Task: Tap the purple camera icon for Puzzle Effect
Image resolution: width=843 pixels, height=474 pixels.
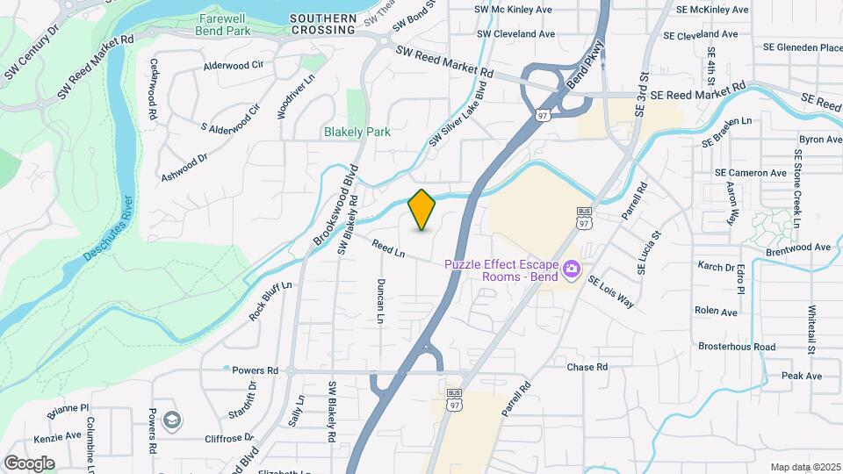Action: pos(571,267)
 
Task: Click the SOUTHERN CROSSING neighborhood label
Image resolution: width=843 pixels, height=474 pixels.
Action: pos(323,24)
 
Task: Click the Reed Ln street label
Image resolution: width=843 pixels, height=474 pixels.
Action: pos(387,248)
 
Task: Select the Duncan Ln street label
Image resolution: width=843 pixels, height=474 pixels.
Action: pos(381,301)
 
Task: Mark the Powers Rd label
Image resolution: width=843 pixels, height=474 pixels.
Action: pos(255,370)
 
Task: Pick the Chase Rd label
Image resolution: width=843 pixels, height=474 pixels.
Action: pos(587,367)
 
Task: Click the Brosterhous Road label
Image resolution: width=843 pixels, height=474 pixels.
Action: pos(737,347)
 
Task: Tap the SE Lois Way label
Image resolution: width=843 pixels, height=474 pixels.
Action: pos(611,291)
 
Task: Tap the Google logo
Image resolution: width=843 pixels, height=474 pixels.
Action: pos(29,463)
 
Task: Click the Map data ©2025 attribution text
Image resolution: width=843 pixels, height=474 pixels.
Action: pos(804,467)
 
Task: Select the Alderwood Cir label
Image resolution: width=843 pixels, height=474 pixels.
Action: pos(234,65)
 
